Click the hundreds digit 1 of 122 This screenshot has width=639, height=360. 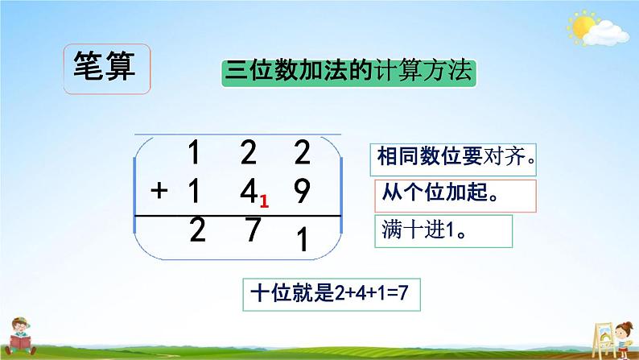[x=193, y=152]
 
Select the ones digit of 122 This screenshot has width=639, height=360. [x=302, y=152]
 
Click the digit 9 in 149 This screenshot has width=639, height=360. [x=301, y=192]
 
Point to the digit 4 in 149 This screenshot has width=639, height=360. [x=248, y=192]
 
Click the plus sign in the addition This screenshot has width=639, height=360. [x=159, y=192]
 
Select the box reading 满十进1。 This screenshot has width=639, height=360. [x=443, y=233]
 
